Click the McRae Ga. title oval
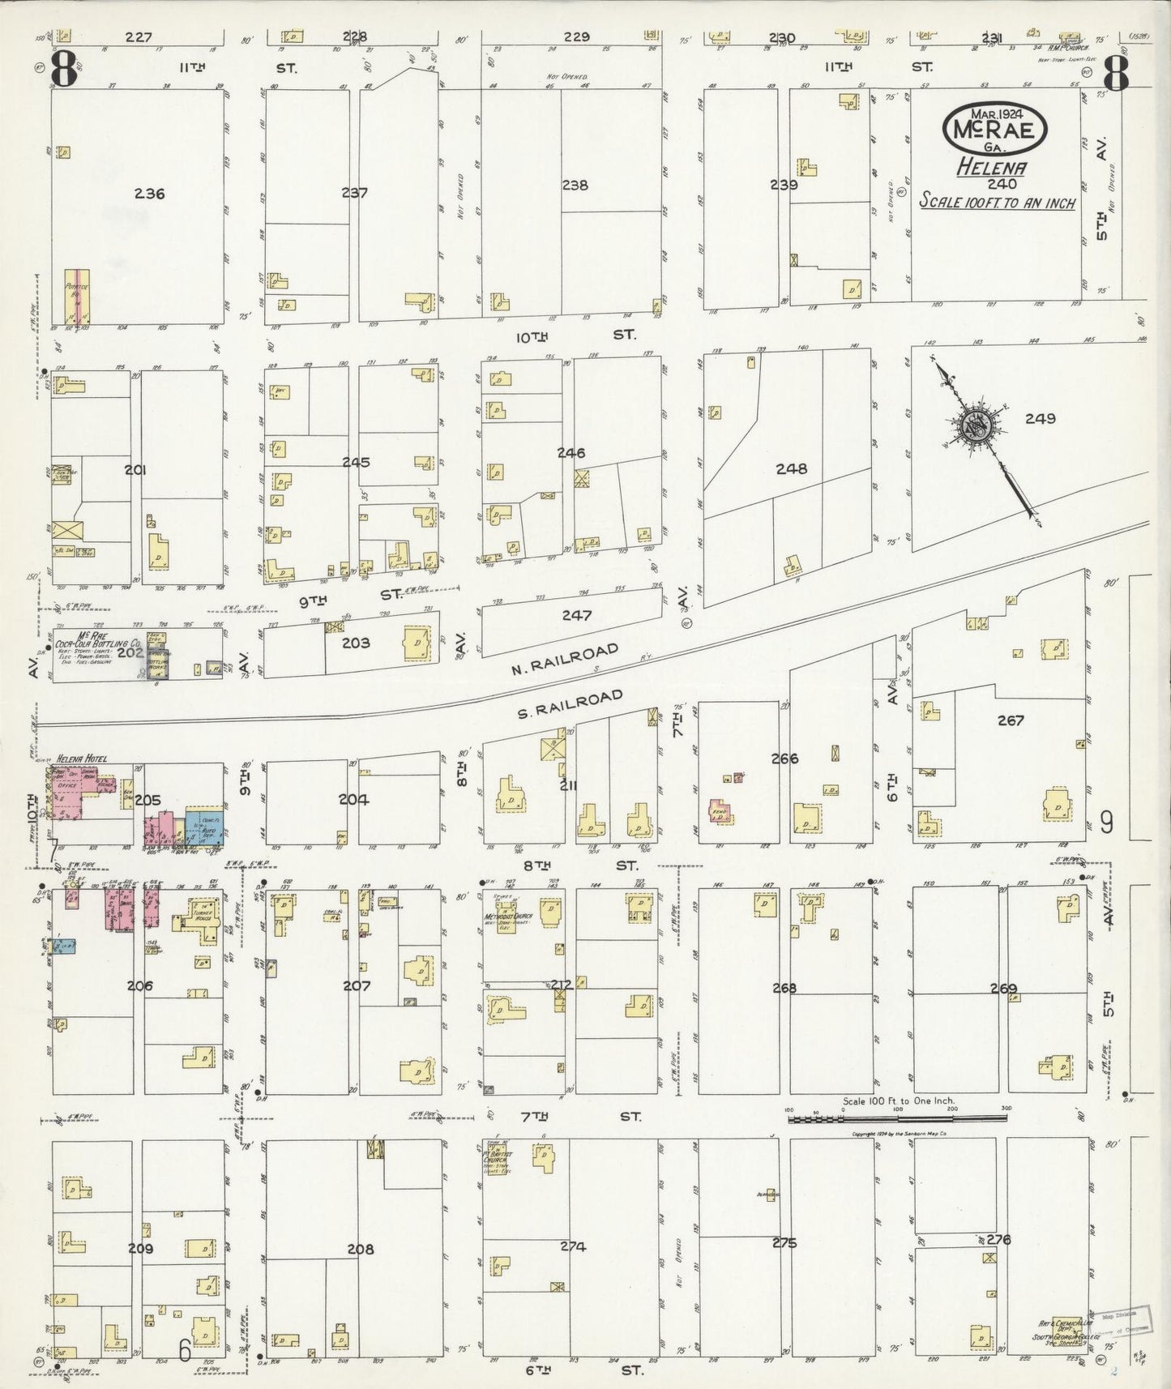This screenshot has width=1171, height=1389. coord(995,127)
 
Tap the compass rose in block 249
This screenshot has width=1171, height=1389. coord(973,427)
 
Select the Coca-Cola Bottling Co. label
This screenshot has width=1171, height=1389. coord(99,646)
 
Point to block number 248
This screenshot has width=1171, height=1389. coord(791,468)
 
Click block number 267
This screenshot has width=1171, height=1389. coord(1011,720)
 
